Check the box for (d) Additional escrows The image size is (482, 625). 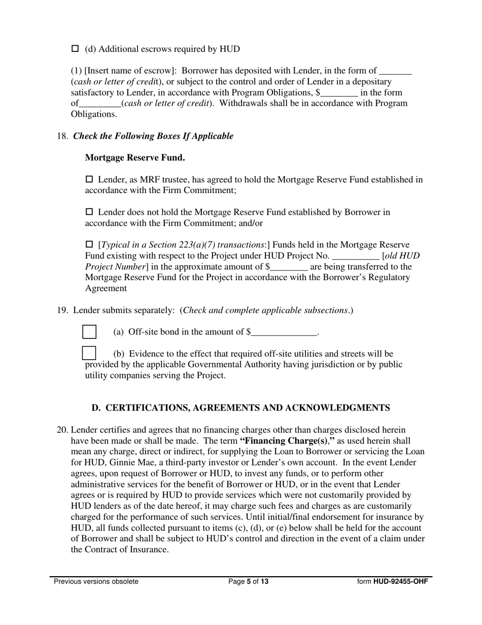tap(75, 49)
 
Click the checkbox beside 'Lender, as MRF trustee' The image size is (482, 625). tap(90, 179)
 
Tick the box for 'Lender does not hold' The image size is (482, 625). tap(90, 211)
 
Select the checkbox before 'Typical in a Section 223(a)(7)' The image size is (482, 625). tap(90, 244)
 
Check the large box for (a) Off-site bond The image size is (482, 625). tap(89, 332)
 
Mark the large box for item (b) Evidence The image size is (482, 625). tap(89, 353)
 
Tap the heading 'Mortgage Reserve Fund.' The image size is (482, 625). tap(135, 158)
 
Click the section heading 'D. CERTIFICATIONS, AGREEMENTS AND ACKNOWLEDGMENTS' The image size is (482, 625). tap(240, 408)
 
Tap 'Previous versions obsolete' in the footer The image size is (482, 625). tap(96, 582)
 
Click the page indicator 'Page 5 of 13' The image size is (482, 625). tap(248, 582)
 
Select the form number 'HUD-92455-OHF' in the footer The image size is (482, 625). tap(400, 582)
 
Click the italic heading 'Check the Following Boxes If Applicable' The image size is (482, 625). tap(154, 136)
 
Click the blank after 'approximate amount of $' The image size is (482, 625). tap(289, 267)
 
